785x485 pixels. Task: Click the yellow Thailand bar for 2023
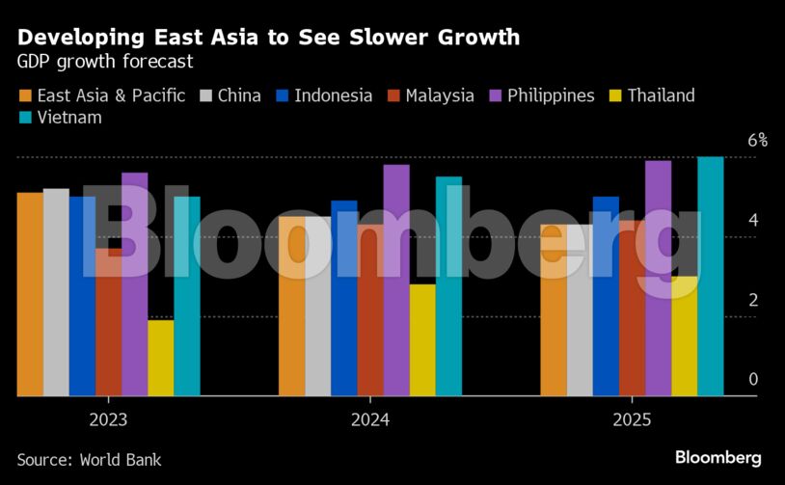coord(161,358)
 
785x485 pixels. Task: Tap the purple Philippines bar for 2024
coord(396,281)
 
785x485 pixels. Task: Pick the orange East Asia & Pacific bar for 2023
coord(30,294)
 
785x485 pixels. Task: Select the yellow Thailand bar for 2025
coord(685,337)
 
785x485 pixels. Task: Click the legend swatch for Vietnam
coord(24,118)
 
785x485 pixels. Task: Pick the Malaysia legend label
coord(440,95)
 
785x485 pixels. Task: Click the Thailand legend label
coord(661,95)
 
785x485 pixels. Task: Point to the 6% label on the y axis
coord(758,141)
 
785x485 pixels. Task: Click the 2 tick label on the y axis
coord(754,300)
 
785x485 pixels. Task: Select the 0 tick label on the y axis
coord(754,380)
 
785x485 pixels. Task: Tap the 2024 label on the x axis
coord(370,420)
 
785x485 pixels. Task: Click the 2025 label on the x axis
coord(632,420)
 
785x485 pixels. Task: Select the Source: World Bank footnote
coord(89,460)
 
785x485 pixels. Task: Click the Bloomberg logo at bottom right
coord(717,458)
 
